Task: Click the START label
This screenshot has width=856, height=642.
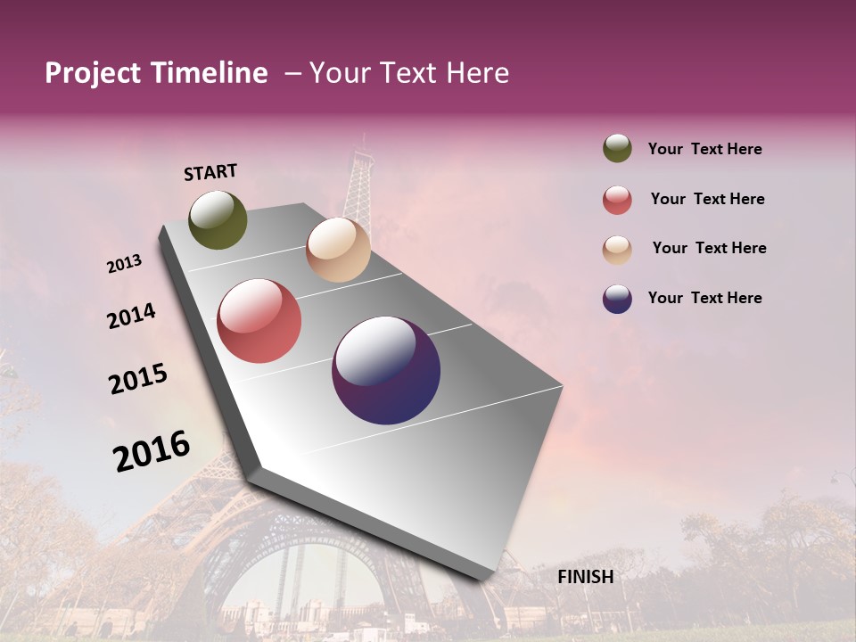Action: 210,172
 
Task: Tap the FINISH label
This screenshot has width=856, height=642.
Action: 585,577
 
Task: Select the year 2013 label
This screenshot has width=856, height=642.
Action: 124,264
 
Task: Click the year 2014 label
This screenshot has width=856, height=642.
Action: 131,316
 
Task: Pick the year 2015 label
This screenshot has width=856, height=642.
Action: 138,379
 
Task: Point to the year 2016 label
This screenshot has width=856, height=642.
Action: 152,450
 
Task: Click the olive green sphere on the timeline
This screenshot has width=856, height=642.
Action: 218,219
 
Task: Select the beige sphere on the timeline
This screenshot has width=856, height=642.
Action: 338,250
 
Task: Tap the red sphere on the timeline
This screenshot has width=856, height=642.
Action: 259,321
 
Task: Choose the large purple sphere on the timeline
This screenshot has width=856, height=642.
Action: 386,370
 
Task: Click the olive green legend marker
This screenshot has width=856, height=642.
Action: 617,149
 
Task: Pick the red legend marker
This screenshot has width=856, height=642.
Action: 617,200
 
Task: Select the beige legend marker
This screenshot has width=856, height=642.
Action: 617,249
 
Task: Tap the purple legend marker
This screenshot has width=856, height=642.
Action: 617,299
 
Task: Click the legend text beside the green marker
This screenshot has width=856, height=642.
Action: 704,149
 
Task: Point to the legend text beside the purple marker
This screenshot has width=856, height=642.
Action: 704,298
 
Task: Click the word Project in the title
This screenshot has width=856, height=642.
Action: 93,73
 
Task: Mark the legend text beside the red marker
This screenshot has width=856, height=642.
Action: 707,199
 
